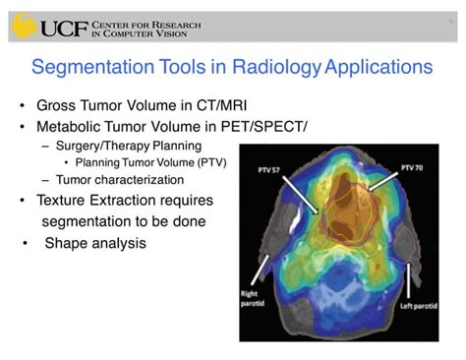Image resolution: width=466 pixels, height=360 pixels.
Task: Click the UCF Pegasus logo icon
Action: pyautogui.click(x=25, y=24)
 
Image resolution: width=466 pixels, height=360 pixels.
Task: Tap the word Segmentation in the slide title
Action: pyautogui.click(x=91, y=68)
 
